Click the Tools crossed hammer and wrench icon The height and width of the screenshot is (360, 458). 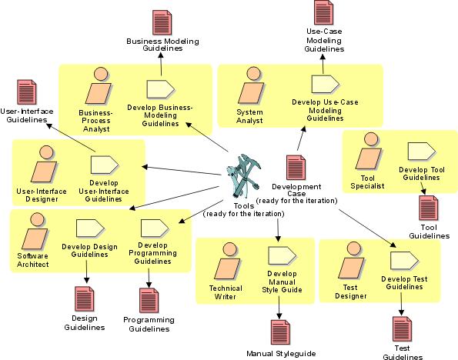click(243, 176)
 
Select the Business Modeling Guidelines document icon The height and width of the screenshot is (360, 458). click(162, 22)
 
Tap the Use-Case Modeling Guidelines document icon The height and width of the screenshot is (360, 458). click(323, 12)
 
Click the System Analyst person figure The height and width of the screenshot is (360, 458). click(251, 85)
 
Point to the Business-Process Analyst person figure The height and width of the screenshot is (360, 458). click(99, 86)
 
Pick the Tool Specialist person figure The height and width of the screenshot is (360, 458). click(369, 151)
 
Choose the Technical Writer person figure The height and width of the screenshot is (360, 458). click(228, 261)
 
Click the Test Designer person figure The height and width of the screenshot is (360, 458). click(352, 260)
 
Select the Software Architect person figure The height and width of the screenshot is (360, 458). click(35, 232)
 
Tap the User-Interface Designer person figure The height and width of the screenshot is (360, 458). click(44, 164)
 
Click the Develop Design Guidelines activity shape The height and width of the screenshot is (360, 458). click(90, 228)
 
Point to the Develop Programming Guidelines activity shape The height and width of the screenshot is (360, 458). click(155, 228)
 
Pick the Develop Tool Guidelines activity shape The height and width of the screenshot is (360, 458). click(422, 152)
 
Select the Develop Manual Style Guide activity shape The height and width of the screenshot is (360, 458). click(282, 255)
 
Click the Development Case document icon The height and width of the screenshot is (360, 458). click(296, 168)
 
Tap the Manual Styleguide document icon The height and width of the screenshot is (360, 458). click(280, 332)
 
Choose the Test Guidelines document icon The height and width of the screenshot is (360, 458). click(403, 328)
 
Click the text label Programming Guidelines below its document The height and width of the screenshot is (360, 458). click(149, 324)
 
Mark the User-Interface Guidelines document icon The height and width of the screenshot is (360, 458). click(27, 92)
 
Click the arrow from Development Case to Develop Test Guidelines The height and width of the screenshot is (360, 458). click(367, 228)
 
